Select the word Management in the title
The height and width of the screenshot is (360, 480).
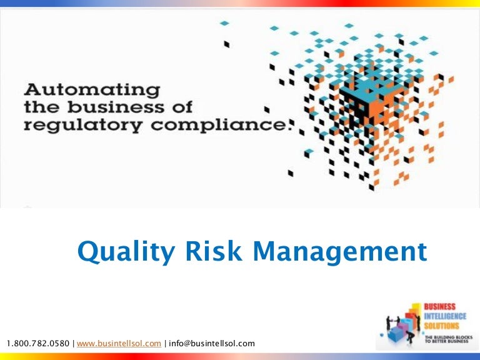(x=341, y=252)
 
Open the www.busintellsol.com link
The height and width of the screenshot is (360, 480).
(x=119, y=343)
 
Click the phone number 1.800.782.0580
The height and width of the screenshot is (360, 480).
(x=38, y=343)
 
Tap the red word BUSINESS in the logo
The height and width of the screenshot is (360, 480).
(x=441, y=306)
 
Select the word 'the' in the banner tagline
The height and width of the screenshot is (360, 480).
(x=42, y=106)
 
